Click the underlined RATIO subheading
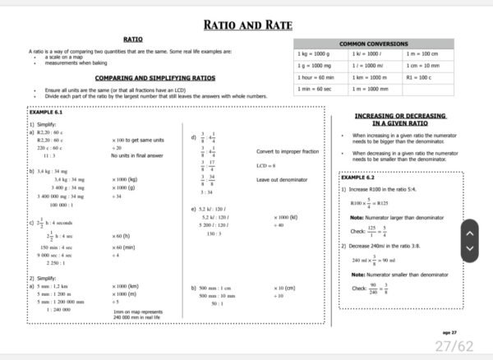click(x=134, y=39)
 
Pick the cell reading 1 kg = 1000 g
click(x=313, y=53)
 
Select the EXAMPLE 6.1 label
click(x=46, y=111)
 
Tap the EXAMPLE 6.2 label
click(x=357, y=177)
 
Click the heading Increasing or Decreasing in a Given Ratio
click(x=398, y=120)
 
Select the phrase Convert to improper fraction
click(x=288, y=152)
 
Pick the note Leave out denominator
click(x=282, y=180)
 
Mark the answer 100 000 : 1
click(x=62, y=205)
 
